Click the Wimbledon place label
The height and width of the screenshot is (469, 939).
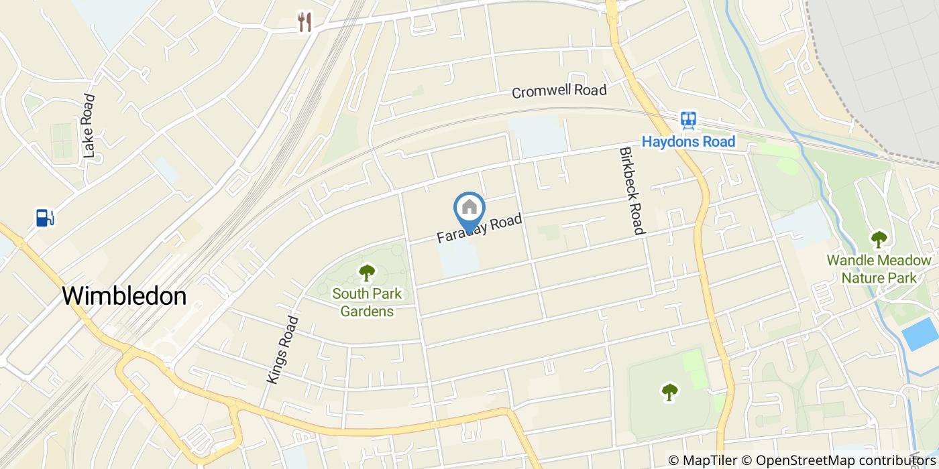(x=124, y=295)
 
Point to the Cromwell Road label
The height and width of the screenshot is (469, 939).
(x=559, y=90)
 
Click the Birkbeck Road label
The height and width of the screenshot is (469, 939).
(x=632, y=191)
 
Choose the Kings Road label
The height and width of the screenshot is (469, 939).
(x=282, y=349)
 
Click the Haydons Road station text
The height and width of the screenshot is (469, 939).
(x=688, y=141)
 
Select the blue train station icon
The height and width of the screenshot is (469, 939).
(x=688, y=121)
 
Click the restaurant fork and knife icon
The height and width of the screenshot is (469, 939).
(x=305, y=22)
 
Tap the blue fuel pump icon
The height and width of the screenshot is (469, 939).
(x=45, y=218)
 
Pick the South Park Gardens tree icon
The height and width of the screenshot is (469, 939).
(x=367, y=273)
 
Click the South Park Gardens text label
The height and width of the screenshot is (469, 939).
(x=367, y=302)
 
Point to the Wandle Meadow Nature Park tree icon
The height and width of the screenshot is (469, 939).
(x=879, y=239)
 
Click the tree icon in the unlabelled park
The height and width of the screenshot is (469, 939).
(x=669, y=392)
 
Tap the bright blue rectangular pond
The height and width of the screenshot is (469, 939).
(x=920, y=334)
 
